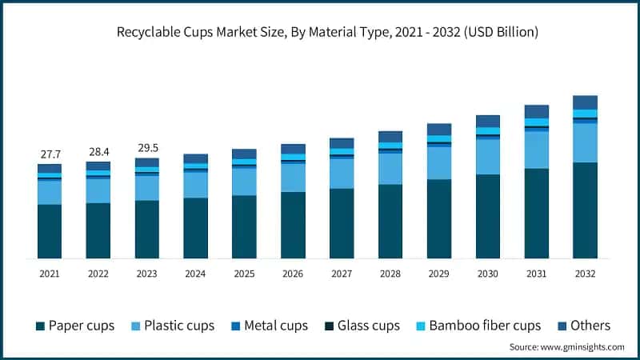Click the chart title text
[x=320, y=33]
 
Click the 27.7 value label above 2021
[x=50, y=153]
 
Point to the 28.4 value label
[x=98, y=151]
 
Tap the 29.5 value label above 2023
[x=147, y=147]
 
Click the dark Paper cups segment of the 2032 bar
[x=585, y=210]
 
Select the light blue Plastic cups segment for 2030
[x=488, y=157]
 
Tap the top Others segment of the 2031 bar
[x=537, y=111]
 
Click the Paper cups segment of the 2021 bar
[x=50, y=231]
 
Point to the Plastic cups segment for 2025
[x=244, y=182]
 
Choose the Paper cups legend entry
[x=75, y=326]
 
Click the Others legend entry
[x=583, y=326]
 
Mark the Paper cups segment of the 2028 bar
[x=390, y=222]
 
